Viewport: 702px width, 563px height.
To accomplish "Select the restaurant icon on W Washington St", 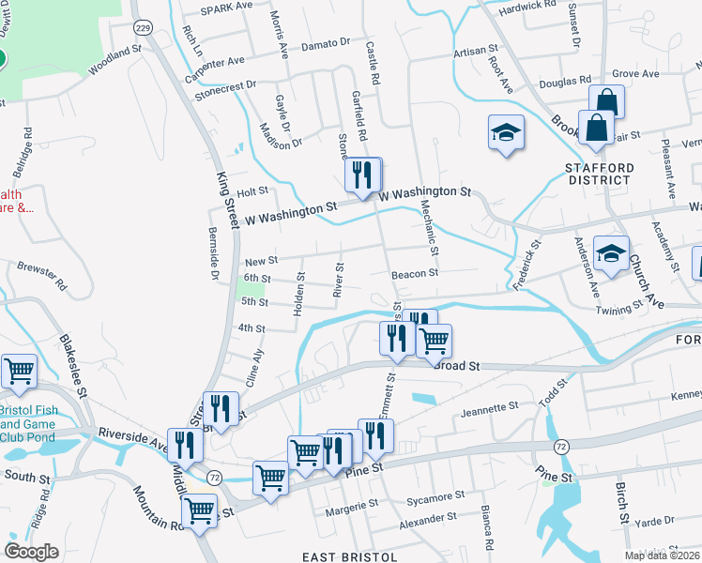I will (361, 174).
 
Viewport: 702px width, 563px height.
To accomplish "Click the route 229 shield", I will (143, 28).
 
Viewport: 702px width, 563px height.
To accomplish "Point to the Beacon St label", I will (416, 273).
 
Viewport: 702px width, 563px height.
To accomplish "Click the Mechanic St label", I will (430, 228).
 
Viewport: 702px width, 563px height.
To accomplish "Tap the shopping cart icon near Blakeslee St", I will (19, 372).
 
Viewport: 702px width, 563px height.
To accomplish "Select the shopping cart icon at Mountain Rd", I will (199, 510).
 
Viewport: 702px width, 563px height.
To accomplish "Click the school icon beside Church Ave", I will (611, 254).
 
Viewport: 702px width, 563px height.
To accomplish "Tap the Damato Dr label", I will (325, 43).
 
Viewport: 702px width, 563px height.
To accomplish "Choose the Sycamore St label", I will (434, 495).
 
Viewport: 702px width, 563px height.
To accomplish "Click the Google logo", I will (31, 552).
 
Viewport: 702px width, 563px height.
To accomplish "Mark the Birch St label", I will (621, 503).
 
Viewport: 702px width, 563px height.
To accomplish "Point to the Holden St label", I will (300, 294).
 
